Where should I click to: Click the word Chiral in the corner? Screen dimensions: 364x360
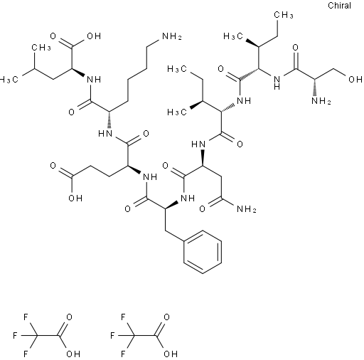pyautogui.click(x=339, y=6)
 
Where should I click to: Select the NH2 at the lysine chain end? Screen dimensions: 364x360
pyautogui.click(x=172, y=36)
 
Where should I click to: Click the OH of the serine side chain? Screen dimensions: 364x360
pyautogui.click(x=355, y=79)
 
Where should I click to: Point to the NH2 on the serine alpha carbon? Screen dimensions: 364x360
pyautogui.click(x=321, y=101)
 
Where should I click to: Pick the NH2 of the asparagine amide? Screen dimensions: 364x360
pyautogui.click(x=247, y=209)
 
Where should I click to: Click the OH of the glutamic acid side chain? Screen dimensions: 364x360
pyautogui.click(x=75, y=198)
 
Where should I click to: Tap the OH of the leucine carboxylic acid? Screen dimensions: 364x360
pyautogui.click(x=94, y=36)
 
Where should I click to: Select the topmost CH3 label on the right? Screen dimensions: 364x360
pyautogui.click(x=284, y=15)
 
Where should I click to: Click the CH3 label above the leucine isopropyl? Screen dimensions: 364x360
pyautogui.click(x=41, y=48)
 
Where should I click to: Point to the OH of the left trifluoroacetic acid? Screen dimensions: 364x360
pyautogui.click(x=73, y=354)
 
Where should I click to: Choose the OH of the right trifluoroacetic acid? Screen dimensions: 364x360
pyautogui.click(x=171, y=354)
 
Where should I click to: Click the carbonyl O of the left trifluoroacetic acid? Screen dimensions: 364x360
pyautogui.click(x=69, y=317)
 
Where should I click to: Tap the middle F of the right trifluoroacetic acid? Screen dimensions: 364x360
pyautogui.click(x=112, y=336)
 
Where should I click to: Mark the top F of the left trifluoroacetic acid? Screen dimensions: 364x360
pyautogui.click(x=26, y=317)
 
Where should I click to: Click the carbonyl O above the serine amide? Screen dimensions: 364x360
pyautogui.click(x=295, y=48)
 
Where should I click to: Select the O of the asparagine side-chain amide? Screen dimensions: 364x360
pyautogui.click(x=202, y=209)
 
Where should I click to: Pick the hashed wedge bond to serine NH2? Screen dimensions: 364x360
pyautogui.click(x=317, y=88)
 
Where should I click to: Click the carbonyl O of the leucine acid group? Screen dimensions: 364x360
pyautogui.click(x=53, y=36)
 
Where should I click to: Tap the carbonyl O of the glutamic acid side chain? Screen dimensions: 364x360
pyautogui.click(x=53, y=166)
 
